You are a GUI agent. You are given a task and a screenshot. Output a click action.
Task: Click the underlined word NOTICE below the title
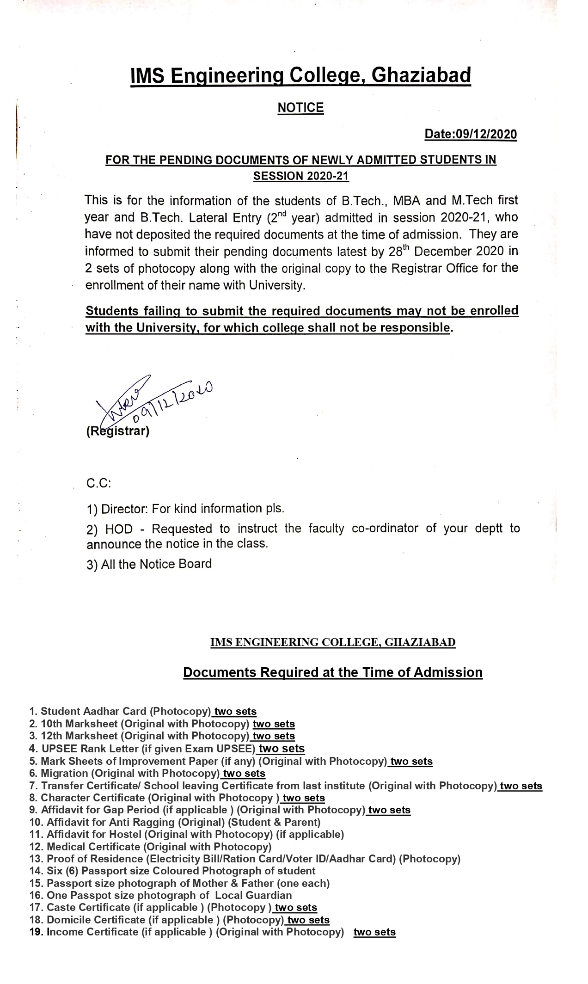click(300, 108)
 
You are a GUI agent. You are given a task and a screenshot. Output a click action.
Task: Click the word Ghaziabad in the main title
click(421, 76)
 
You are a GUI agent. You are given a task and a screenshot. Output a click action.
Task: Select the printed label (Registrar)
click(118, 432)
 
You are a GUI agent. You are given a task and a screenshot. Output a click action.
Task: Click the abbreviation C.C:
click(98, 484)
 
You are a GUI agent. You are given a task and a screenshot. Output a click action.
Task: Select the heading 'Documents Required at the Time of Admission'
click(333, 672)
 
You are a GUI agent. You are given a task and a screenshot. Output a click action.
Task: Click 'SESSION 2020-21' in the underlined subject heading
click(301, 176)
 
